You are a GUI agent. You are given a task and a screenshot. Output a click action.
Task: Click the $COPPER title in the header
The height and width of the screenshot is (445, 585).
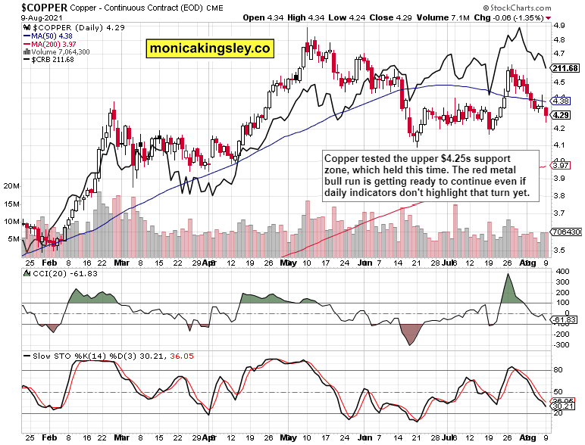(x=30, y=6)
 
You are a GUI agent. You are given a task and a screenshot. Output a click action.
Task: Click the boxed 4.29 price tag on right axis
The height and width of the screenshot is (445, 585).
(x=562, y=114)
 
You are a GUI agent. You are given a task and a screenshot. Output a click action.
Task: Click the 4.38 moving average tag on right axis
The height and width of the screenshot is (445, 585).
(x=562, y=100)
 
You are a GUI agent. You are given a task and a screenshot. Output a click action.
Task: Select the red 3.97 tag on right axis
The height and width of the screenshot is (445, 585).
(x=562, y=165)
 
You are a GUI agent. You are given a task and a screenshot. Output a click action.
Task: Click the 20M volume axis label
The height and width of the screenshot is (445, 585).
(x=11, y=185)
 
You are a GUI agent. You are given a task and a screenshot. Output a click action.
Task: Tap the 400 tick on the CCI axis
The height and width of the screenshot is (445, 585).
(x=562, y=271)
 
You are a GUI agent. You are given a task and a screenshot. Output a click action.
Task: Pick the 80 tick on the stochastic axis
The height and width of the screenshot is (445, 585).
(x=559, y=370)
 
